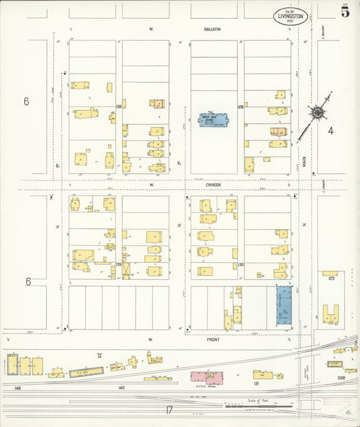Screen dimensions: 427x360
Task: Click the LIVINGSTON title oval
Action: tap(292, 16)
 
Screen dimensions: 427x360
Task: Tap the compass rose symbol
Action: tap(317, 111)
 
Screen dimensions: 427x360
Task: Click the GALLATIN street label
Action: tap(213, 30)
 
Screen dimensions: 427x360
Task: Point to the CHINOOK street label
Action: tap(213, 183)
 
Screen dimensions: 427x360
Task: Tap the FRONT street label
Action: tap(213, 339)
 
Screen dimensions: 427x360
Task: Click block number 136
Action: tap(118, 106)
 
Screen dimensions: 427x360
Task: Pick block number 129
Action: tap(240, 107)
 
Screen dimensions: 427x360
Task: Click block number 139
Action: tap(118, 264)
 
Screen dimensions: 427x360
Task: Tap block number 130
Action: tap(240, 264)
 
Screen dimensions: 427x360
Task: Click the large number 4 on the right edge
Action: tap(331, 130)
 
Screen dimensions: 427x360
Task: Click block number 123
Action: tap(331, 278)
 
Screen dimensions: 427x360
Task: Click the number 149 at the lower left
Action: tap(18, 388)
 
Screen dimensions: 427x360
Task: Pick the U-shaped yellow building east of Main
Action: tap(331, 313)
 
